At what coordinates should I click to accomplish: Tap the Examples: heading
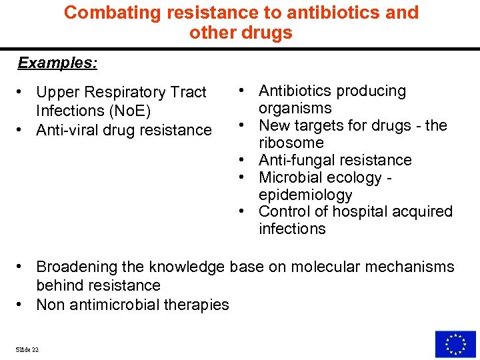[x=57, y=63]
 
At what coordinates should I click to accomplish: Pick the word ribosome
[x=291, y=143]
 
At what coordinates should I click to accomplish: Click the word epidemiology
[x=305, y=195]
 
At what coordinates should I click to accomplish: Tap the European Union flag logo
[x=455, y=344]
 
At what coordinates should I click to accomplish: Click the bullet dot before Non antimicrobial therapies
[x=22, y=305]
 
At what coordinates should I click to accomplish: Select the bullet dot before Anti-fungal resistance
[x=245, y=160]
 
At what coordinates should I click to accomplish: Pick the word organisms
[x=295, y=108]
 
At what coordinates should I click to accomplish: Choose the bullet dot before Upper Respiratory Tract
[x=22, y=92]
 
